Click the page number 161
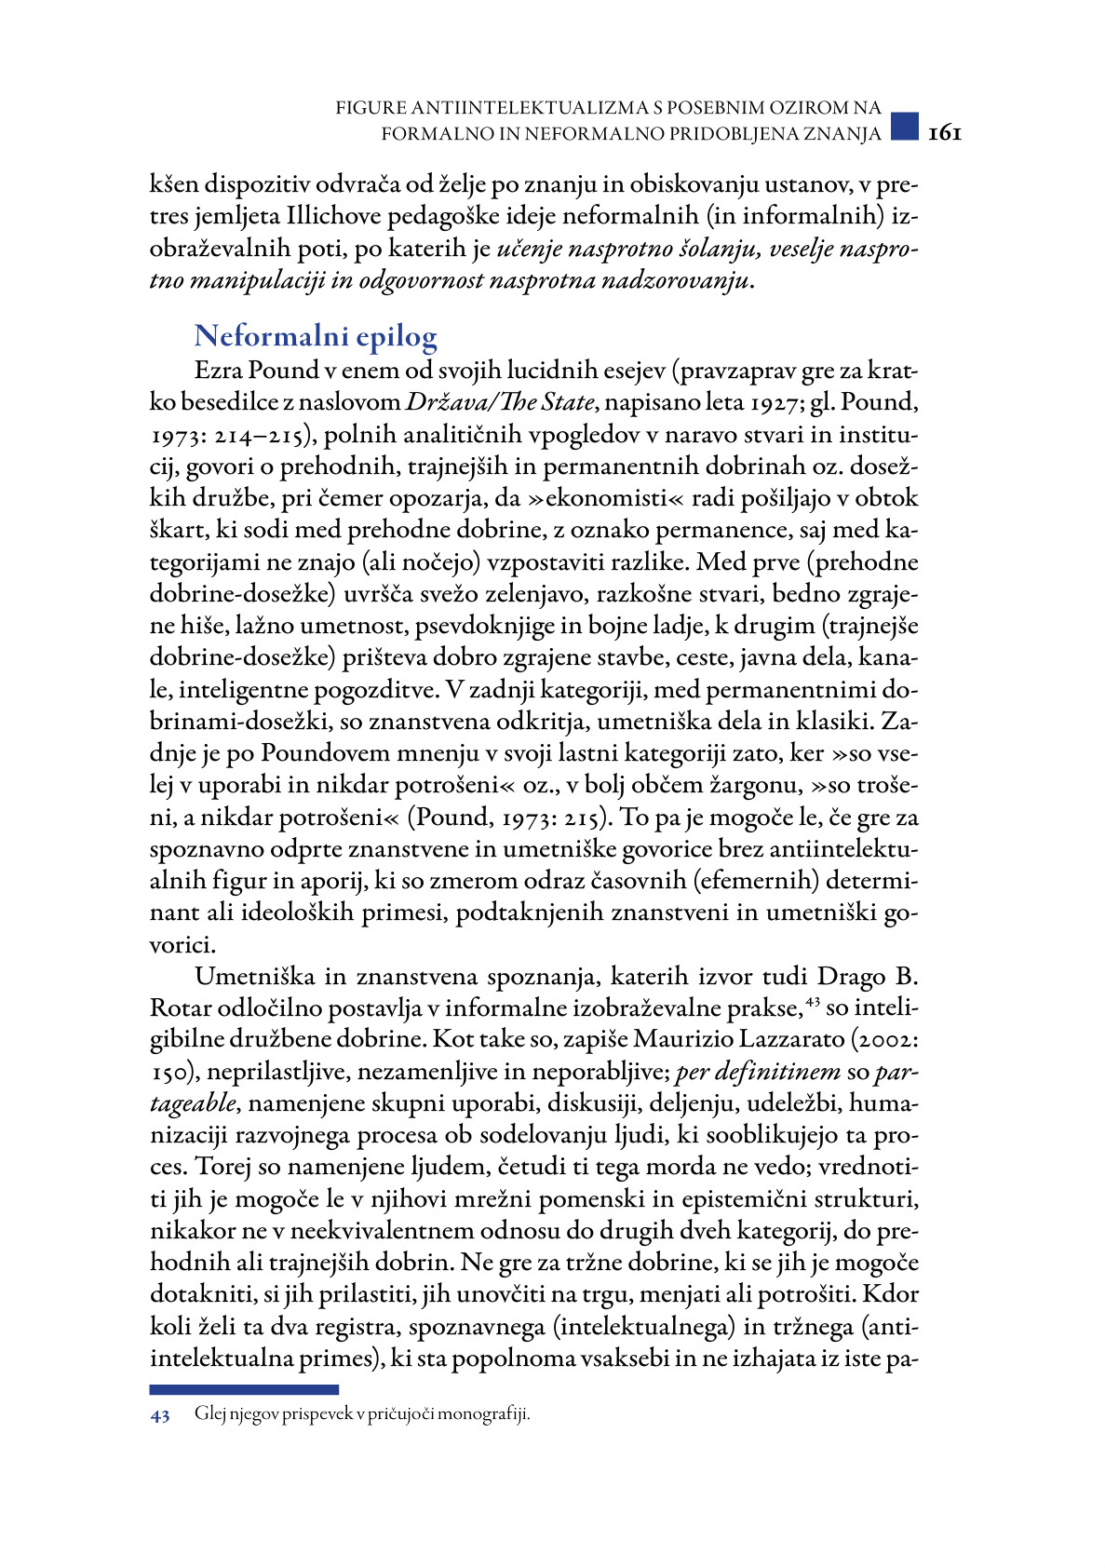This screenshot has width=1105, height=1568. [x=944, y=133]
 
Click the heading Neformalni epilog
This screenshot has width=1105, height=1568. [x=316, y=336]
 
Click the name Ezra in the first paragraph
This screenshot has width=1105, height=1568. [x=218, y=371]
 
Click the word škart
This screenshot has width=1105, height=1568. [x=180, y=531]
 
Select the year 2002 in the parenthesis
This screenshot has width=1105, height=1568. [x=889, y=1040]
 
